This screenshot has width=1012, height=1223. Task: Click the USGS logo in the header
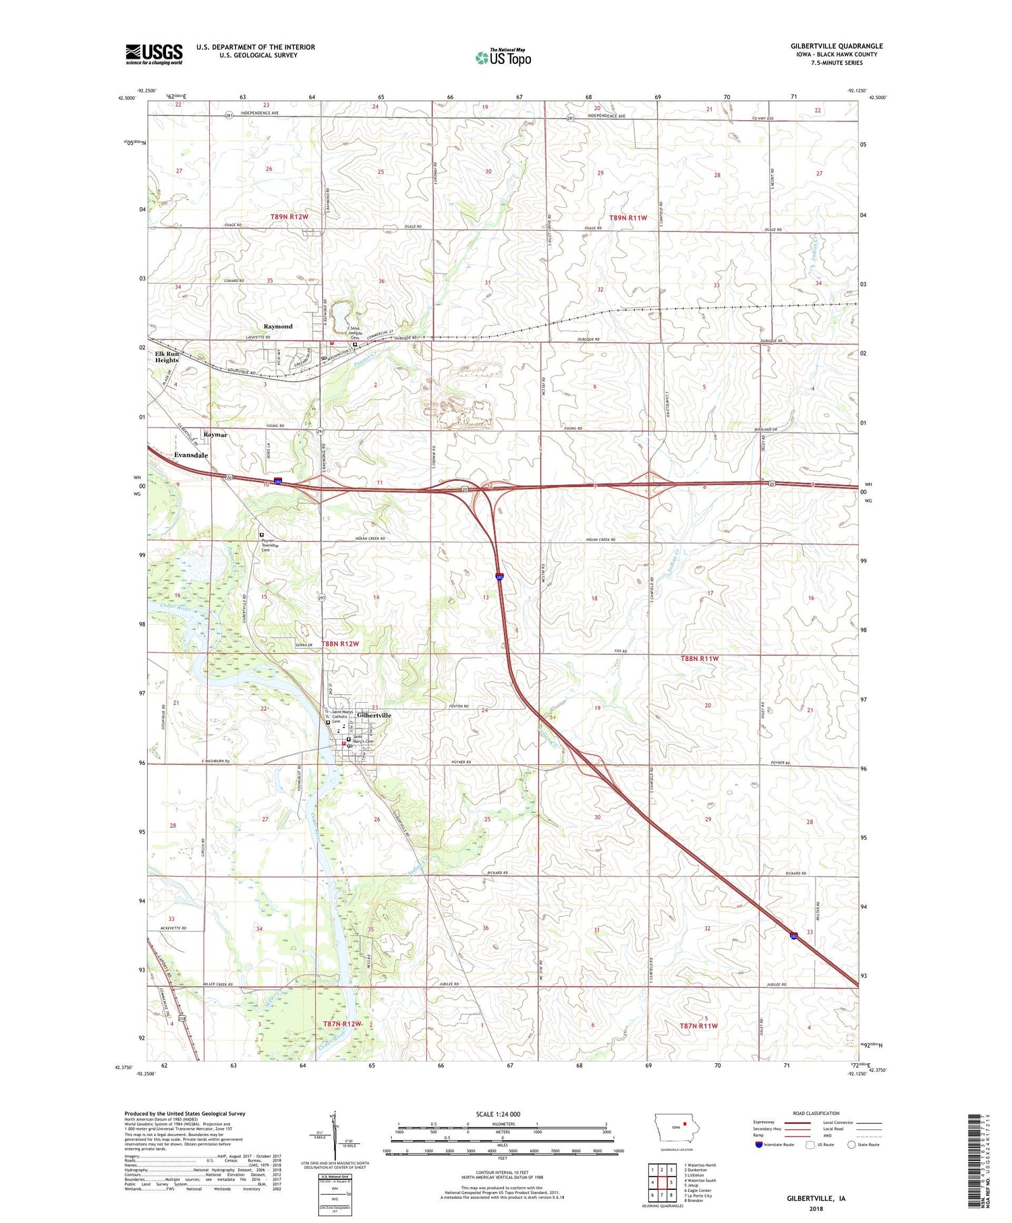pyautogui.click(x=154, y=54)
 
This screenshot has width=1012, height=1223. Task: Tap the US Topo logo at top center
pyautogui.click(x=503, y=57)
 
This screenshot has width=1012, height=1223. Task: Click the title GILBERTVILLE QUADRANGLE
pyautogui.click(x=837, y=46)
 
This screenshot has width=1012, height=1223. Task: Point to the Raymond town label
pyautogui.click(x=278, y=326)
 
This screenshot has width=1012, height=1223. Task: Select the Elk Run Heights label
pyautogui.click(x=167, y=357)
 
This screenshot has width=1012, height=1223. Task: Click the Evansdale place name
pyautogui.click(x=191, y=455)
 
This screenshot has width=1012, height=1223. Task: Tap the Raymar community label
pyautogui.click(x=215, y=435)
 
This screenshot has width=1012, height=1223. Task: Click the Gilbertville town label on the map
pyautogui.click(x=374, y=715)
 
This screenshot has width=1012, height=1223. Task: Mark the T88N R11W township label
pyautogui.click(x=706, y=658)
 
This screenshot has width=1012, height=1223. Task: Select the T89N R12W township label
pyautogui.click(x=289, y=217)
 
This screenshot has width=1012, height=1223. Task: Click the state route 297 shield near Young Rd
pyautogui.click(x=320, y=432)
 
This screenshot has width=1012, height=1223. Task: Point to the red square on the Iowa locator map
pyautogui.click(x=685, y=1124)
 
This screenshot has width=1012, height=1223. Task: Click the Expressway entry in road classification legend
pyautogui.click(x=766, y=1122)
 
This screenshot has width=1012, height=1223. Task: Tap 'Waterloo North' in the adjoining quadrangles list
pyautogui.click(x=700, y=1165)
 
